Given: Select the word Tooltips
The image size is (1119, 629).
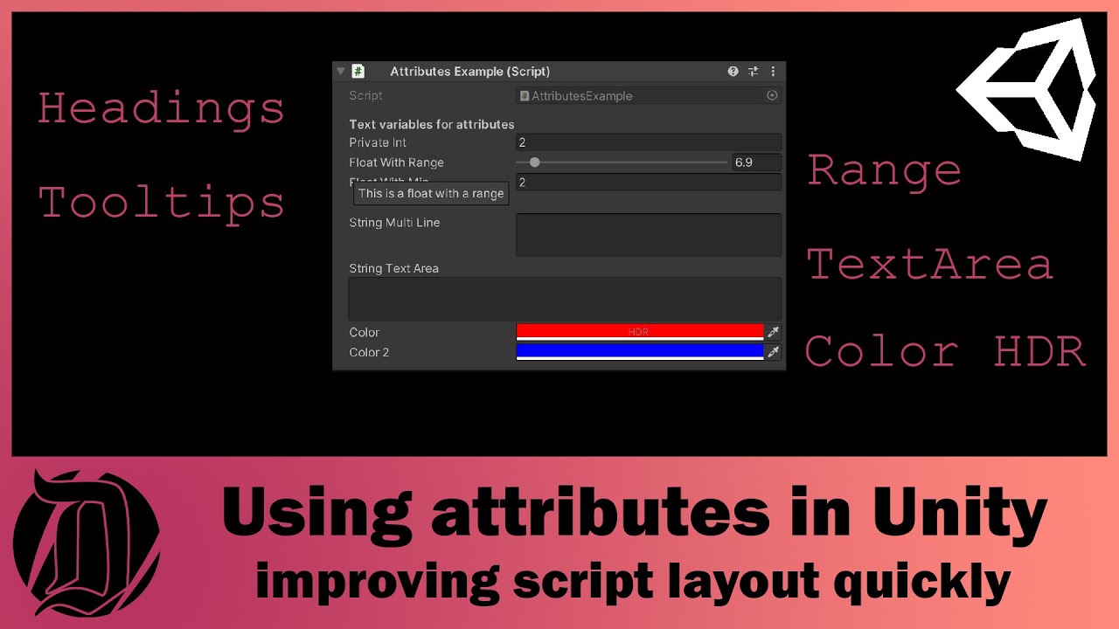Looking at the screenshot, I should (162, 203).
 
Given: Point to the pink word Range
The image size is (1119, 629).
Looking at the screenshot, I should (884, 169).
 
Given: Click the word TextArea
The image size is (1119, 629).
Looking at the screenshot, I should (929, 264).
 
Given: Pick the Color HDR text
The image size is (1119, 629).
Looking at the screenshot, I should (945, 352).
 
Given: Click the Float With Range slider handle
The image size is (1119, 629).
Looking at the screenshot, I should (535, 162).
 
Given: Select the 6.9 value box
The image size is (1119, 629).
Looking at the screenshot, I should (755, 162).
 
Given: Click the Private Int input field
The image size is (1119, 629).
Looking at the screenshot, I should (648, 142).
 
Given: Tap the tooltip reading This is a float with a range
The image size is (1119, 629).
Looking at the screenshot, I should (431, 194).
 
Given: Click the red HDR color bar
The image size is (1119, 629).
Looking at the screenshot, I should (640, 332).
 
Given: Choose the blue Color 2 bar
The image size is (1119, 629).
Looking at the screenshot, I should (640, 352).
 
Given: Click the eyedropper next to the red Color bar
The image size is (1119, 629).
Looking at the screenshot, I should (773, 332).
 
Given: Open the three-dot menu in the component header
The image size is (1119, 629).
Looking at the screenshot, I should (773, 72).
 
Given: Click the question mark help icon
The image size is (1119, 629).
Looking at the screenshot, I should (733, 72).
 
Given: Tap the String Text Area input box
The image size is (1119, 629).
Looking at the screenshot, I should (565, 299).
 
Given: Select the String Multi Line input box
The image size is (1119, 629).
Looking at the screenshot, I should (648, 235).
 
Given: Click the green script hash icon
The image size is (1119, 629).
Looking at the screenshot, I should (358, 72).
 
